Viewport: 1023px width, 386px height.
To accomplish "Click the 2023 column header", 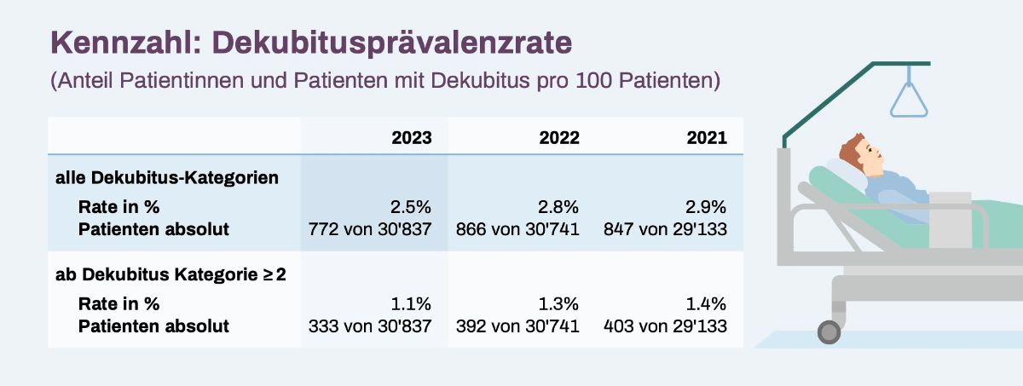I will click(x=411, y=137).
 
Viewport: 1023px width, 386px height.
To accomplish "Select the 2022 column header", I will click(x=559, y=137).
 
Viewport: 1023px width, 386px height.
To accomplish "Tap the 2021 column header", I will click(x=707, y=137).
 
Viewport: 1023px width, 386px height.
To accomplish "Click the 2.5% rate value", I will click(x=411, y=207).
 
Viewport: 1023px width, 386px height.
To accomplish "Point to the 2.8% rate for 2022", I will click(x=559, y=207).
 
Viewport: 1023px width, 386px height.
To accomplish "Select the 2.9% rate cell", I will click(x=707, y=207).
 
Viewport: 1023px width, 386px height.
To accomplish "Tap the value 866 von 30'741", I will click(x=517, y=229).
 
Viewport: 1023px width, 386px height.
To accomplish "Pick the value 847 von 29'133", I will click(x=665, y=229).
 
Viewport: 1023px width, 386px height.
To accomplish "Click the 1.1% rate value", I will click(x=411, y=304).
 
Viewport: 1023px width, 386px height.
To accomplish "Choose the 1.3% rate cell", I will click(x=559, y=304).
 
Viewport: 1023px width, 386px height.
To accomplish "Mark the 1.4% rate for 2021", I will click(x=707, y=304).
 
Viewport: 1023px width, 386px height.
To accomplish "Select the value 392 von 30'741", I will click(x=517, y=326).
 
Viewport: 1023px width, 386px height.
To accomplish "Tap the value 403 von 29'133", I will click(x=665, y=326).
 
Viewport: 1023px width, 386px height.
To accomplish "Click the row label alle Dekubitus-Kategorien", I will click(x=167, y=178).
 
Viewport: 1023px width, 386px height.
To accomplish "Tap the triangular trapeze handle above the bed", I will click(x=909, y=102).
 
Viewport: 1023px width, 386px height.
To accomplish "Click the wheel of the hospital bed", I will click(x=829, y=331).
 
